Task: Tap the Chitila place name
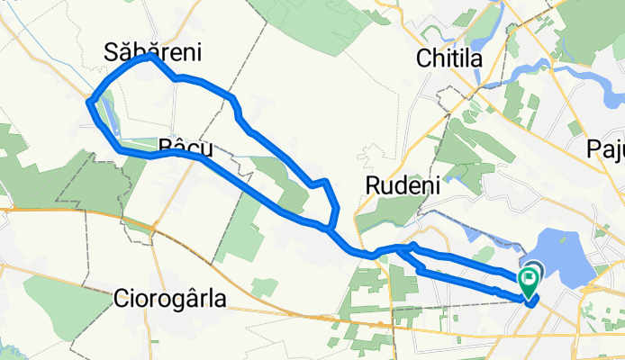(451, 58)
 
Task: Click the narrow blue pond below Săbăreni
(106, 112)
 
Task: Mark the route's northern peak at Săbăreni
(147, 57)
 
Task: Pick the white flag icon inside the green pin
(529, 279)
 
